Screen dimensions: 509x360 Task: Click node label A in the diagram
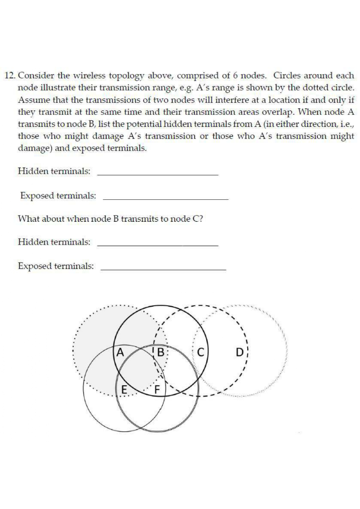tap(119, 353)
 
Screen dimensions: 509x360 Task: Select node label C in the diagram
tap(200, 353)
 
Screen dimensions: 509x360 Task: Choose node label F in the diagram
tap(158, 390)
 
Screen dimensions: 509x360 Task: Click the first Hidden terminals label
tap(54, 171)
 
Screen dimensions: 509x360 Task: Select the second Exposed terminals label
tap(56, 266)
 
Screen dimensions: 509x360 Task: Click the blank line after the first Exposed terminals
tap(165, 199)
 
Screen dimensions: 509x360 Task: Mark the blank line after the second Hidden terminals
tap(158, 246)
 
